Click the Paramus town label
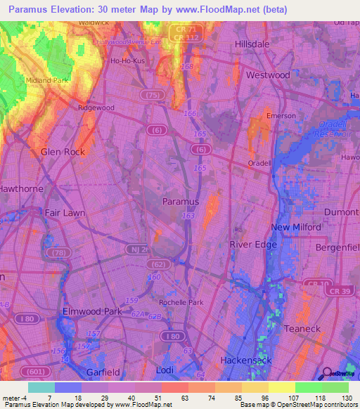[181, 201]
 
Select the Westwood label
[268, 74]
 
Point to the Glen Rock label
[63, 152]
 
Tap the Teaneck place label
[302, 328]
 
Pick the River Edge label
[250, 244]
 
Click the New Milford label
[296, 227]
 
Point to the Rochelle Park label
[181, 302]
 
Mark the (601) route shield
[32, 371]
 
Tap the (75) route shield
[148, 96]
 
